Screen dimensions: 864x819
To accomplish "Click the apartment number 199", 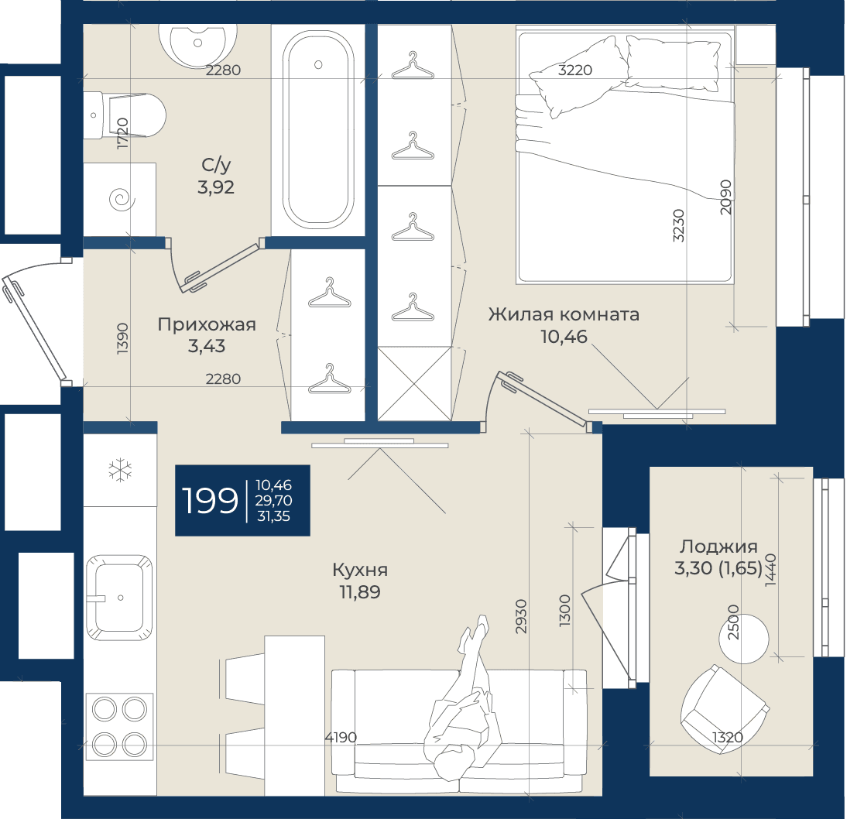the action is [x=210, y=501].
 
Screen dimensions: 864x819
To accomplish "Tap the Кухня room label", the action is [x=360, y=570].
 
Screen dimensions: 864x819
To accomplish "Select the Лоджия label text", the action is [x=718, y=547].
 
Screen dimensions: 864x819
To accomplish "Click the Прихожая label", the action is [x=207, y=324].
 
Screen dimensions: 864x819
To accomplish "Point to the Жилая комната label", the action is [x=564, y=314].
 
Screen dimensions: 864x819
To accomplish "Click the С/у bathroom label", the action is [x=216, y=164].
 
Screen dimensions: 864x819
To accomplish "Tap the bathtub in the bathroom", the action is [x=318, y=129].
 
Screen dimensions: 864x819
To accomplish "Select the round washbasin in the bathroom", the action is [x=198, y=44].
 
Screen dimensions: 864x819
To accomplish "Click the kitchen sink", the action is [x=119, y=598].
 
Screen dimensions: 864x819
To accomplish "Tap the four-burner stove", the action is [x=119, y=726].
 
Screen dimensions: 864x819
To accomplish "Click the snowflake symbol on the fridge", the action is [x=120, y=471].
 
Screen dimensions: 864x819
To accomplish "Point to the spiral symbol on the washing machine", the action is [x=122, y=199].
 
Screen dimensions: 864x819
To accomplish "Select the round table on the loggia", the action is [x=744, y=639].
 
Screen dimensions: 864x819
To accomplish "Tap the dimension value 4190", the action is [x=341, y=737].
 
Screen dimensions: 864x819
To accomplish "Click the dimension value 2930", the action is [x=521, y=615].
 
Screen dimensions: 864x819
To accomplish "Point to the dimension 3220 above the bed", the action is [x=575, y=70].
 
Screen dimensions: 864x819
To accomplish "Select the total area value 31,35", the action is [x=273, y=516].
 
